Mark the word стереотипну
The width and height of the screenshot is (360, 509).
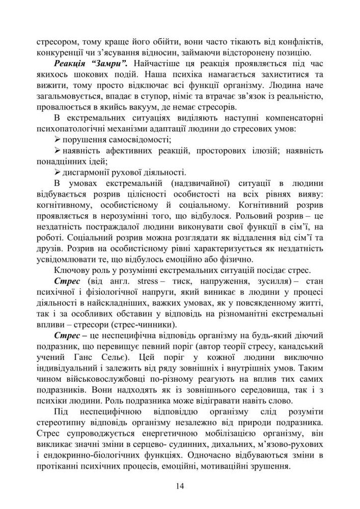point(61,424)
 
